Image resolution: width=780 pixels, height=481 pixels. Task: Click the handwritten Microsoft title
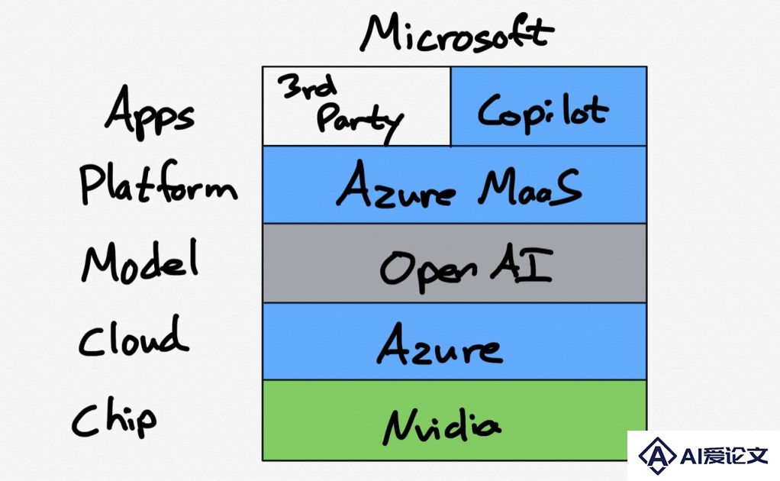[456, 33]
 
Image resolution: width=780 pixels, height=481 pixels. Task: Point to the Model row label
[140, 261]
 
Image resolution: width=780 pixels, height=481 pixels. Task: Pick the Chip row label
[114, 417]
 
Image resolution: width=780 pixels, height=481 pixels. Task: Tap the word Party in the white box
[359, 121]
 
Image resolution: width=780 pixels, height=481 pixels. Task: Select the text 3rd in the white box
[308, 86]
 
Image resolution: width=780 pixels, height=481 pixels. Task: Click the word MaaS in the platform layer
[530, 186]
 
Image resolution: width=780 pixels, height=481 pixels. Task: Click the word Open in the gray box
[428, 270]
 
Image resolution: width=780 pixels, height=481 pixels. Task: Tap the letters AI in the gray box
[522, 265]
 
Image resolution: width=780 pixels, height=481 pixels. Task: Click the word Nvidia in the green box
[441, 426]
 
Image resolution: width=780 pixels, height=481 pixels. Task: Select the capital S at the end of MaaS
[566, 186]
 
